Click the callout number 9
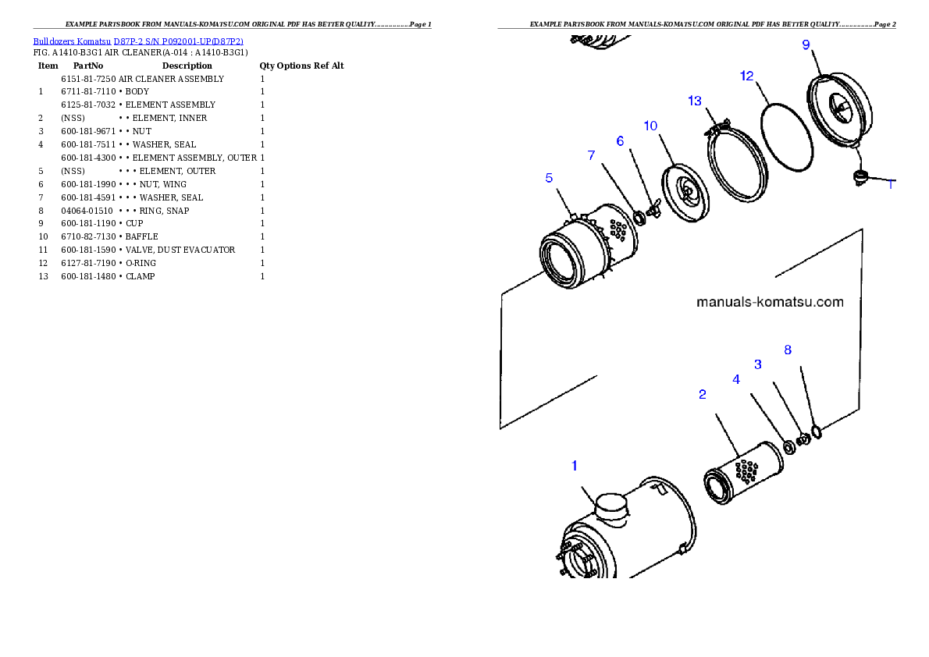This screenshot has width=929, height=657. pos(806,44)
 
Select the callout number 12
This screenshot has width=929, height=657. pos(747,76)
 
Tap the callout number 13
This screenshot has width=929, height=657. pos(695,101)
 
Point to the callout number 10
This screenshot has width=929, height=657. pos(650,126)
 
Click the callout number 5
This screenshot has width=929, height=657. pos(549,178)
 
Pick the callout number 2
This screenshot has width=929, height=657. pos(703,395)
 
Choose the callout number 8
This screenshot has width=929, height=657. pos(788,350)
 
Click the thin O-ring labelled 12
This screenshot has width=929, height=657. pos(787,138)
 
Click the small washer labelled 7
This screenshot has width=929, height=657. pos(639,217)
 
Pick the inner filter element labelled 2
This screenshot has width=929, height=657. pos(742,473)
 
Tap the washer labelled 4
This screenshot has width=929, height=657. pos(789,446)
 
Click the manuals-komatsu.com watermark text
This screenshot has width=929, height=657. pos(770,302)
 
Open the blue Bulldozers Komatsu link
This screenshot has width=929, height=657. pos(138,41)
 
